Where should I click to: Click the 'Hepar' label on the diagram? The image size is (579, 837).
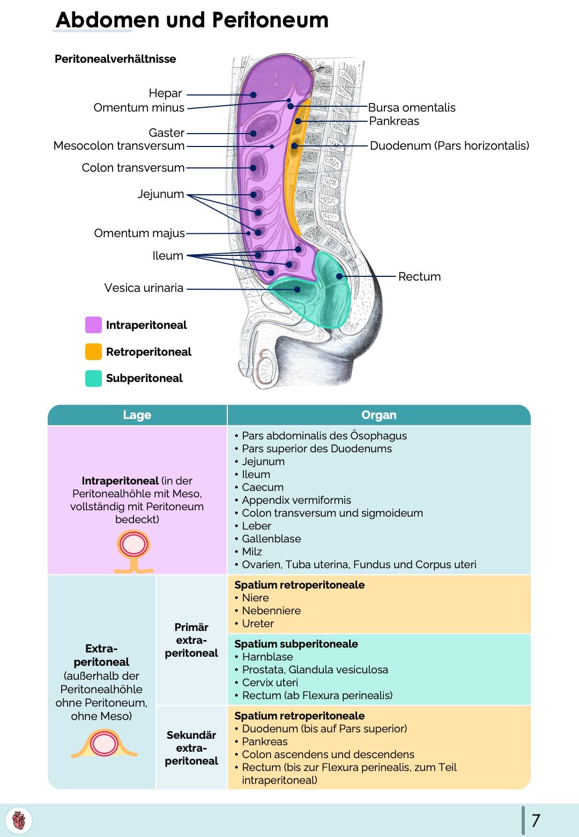165,93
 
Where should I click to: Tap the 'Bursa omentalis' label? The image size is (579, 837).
411,108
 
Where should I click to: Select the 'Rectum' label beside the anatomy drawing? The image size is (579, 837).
419,277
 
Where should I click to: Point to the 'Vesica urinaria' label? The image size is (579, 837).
144,288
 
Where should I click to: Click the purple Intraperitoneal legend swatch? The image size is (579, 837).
93,325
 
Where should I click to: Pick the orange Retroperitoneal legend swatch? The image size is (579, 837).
93,352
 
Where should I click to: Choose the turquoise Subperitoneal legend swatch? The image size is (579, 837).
93,378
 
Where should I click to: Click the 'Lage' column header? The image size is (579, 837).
137,415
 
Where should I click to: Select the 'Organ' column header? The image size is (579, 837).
378,415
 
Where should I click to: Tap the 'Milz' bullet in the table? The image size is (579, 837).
251,552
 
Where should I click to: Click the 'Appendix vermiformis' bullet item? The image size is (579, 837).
296,500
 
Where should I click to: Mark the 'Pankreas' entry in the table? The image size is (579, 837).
264,741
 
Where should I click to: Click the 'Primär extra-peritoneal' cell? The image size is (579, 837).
191,640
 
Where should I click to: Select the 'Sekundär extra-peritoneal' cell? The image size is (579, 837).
191,748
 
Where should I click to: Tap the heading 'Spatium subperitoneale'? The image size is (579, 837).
296,644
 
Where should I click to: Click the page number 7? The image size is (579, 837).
536,820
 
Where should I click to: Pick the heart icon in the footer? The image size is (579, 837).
19,820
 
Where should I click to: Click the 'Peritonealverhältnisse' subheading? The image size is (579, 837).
115,59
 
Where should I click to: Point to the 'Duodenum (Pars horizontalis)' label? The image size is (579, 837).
449,146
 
